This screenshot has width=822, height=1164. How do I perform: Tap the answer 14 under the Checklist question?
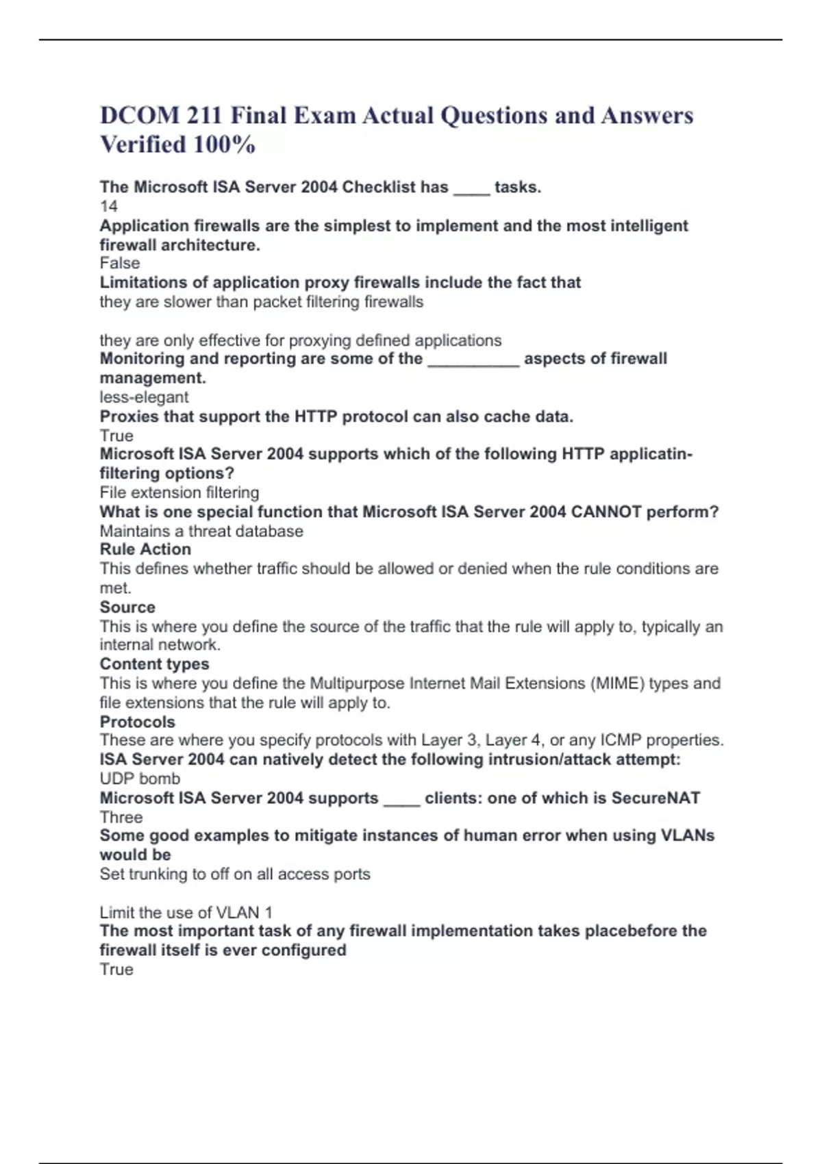(x=108, y=206)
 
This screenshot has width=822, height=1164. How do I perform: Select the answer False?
(x=120, y=263)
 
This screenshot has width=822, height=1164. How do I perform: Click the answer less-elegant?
(x=144, y=397)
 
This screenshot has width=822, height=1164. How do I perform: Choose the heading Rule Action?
(x=145, y=549)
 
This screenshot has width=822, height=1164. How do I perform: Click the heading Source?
(x=127, y=607)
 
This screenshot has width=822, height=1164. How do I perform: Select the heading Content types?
(x=154, y=663)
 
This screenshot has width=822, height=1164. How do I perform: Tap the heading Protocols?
(x=137, y=722)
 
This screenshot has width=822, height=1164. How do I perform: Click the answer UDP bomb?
(x=140, y=779)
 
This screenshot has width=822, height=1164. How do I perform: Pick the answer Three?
(x=121, y=817)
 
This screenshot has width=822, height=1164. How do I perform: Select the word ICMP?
(x=621, y=740)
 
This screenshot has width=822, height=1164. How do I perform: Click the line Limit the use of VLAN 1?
(x=186, y=912)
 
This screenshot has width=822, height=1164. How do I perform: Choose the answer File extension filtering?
(x=179, y=492)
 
